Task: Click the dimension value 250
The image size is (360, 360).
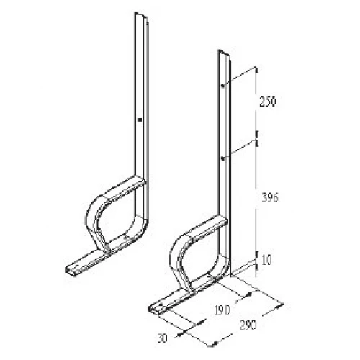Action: (268, 102)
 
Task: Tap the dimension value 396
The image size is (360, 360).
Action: (270, 198)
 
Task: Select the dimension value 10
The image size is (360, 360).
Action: (266, 260)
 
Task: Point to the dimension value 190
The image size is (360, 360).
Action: (222, 310)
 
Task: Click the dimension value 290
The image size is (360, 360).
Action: (248, 325)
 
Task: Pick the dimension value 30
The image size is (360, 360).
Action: (163, 338)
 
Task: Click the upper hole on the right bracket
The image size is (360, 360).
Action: (222, 85)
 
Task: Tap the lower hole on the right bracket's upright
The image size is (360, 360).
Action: (223, 158)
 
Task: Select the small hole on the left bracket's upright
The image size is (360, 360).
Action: (140, 120)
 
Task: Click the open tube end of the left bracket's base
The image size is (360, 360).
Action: (67, 270)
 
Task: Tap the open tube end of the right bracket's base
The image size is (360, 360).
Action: (150, 308)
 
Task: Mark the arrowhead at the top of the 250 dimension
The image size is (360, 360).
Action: (256, 70)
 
